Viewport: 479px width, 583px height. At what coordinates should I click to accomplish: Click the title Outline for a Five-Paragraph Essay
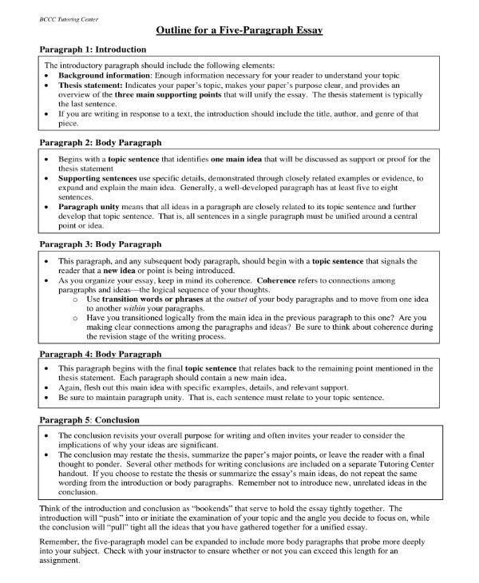click(239, 30)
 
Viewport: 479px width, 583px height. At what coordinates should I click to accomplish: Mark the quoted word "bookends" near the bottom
click(239, 508)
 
